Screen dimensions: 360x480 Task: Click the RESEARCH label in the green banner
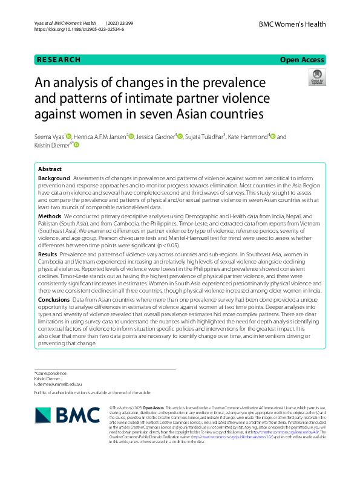coord(59,59)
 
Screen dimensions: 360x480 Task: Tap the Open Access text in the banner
coord(302,59)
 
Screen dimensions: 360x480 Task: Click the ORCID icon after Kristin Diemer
coord(76,145)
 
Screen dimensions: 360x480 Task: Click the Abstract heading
coord(50,169)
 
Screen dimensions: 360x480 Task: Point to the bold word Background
coord(54,179)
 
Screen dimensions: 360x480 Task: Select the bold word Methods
coord(50,215)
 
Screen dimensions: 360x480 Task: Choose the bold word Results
coord(48,256)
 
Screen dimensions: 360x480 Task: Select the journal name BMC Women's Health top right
coord(292,24)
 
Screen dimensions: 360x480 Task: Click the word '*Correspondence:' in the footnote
coord(50,374)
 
